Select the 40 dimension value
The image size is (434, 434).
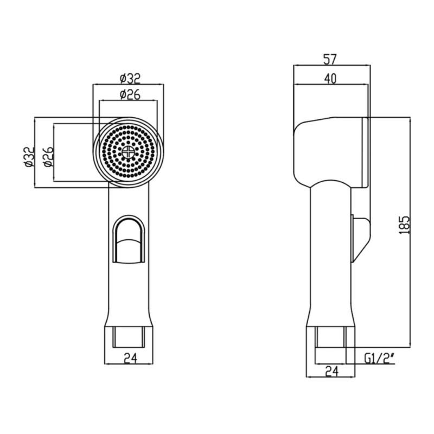[x=330, y=79]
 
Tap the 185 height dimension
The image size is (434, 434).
[x=404, y=225]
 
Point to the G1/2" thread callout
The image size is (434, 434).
[x=379, y=359]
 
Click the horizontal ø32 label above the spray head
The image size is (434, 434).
[x=130, y=78]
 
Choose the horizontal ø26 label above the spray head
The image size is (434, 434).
[x=130, y=94]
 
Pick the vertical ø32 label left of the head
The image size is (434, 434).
[x=29, y=157]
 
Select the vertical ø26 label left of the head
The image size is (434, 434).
[x=48, y=157]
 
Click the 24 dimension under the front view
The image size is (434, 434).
[x=130, y=359]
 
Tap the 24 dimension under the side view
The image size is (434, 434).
[x=331, y=372]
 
